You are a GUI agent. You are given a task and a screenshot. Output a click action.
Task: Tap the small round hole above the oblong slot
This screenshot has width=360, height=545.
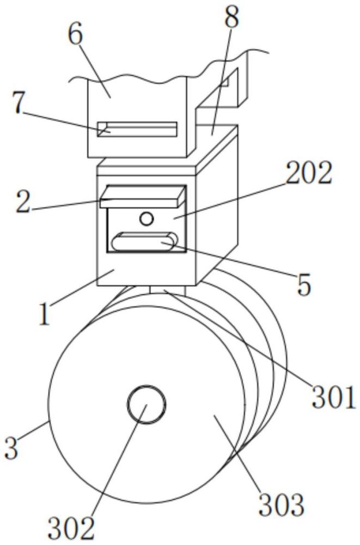(x=146, y=219)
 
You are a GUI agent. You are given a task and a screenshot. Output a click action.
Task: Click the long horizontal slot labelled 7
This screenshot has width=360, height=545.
(x=137, y=129)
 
